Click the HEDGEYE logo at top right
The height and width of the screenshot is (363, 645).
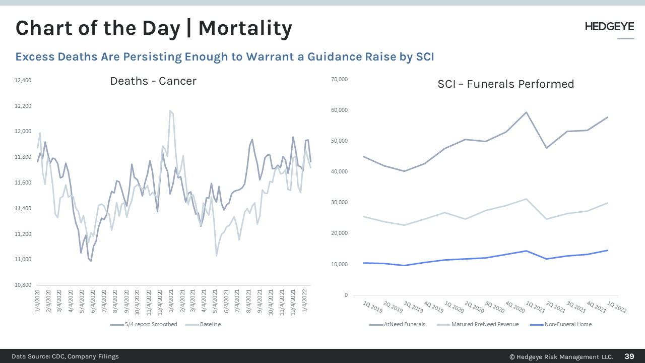tap(609, 27)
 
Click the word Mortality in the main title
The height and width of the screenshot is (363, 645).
tap(245, 28)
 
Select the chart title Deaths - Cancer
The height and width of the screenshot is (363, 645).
tap(153, 81)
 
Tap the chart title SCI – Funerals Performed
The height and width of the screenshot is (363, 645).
tap(505, 84)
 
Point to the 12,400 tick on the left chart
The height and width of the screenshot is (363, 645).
tap(23, 80)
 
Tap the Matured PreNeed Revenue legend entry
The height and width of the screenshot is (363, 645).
tap(485, 324)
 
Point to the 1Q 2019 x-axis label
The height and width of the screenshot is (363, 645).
tap(373, 307)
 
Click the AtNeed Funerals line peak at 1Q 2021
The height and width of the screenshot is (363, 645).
tap(526, 112)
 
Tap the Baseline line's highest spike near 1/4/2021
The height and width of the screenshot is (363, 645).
tap(170, 110)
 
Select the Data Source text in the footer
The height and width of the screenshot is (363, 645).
tap(66, 356)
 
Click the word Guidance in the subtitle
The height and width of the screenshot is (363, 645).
tap(329, 56)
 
